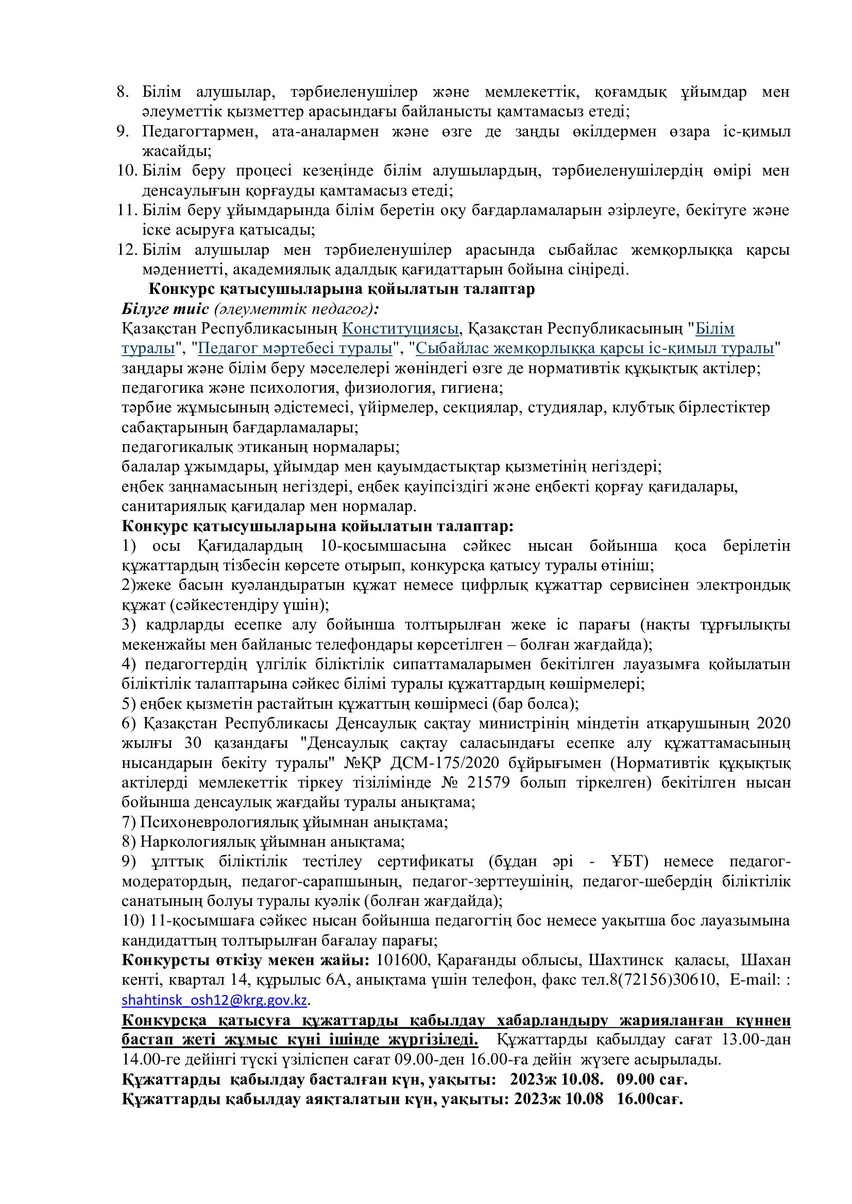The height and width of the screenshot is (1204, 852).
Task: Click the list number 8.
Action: coord(123,92)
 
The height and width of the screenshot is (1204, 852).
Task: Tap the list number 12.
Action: coord(126,250)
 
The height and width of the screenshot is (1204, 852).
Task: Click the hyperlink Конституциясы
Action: coord(401,329)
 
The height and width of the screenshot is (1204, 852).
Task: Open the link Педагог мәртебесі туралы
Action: coord(295,348)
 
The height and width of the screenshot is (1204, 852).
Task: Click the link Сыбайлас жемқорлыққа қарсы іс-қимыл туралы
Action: coord(595,348)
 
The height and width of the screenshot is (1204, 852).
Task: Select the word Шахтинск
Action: coord(625,961)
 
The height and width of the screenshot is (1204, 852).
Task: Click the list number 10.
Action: coord(126,171)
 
